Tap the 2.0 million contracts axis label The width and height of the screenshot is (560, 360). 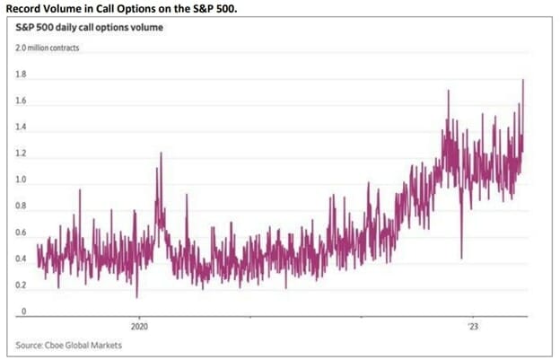pyautogui.click(x=53, y=48)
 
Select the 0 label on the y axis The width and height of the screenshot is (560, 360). pyautogui.click(x=25, y=312)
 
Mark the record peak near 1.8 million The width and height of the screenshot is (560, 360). pyautogui.click(x=522, y=81)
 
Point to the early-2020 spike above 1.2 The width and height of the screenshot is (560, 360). pyautogui.click(x=161, y=154)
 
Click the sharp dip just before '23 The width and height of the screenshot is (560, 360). pyautogui.click(x=461, y=257)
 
